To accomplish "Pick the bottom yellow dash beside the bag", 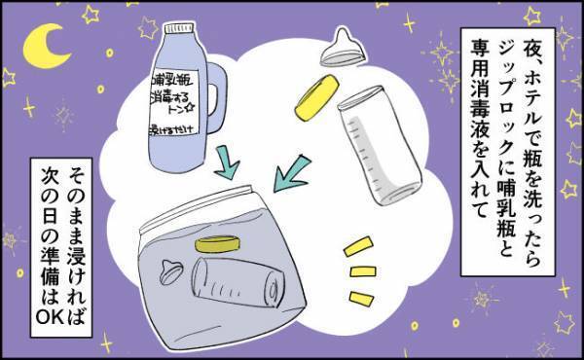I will click(x=361, y=289).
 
